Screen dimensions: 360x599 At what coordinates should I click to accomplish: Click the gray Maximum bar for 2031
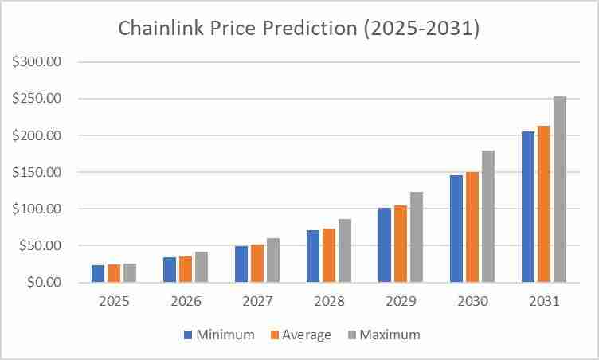pos(560,190)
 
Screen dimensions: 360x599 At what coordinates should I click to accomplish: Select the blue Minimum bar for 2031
pos(528,207)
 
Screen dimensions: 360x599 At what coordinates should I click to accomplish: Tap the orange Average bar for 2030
pos(472,227)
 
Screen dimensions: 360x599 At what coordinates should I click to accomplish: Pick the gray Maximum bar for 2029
pos(417,237)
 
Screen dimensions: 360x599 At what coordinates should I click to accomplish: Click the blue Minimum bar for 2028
pos(313,256)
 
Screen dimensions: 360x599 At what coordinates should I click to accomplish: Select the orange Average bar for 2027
pos(257,264)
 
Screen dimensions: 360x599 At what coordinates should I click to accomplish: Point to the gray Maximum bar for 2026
pos(202,268)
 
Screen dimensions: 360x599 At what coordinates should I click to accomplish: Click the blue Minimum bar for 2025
pos(98,274)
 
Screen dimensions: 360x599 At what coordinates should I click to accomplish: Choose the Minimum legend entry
pos(219,335)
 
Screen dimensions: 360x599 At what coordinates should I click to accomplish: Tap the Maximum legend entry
pos(382,335)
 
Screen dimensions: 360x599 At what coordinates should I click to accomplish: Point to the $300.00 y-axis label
pos(37,62)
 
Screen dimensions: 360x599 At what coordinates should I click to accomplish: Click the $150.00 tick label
pos(37,172)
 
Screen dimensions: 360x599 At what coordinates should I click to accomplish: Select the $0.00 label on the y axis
pos(43,283)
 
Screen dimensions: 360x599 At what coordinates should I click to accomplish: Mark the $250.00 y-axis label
pos(37,99)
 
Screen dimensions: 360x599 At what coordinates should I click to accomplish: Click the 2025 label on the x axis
pos(113,303)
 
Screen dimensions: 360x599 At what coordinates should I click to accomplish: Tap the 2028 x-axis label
pos(328,303)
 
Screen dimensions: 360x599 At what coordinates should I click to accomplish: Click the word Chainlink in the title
pos(159,28)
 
